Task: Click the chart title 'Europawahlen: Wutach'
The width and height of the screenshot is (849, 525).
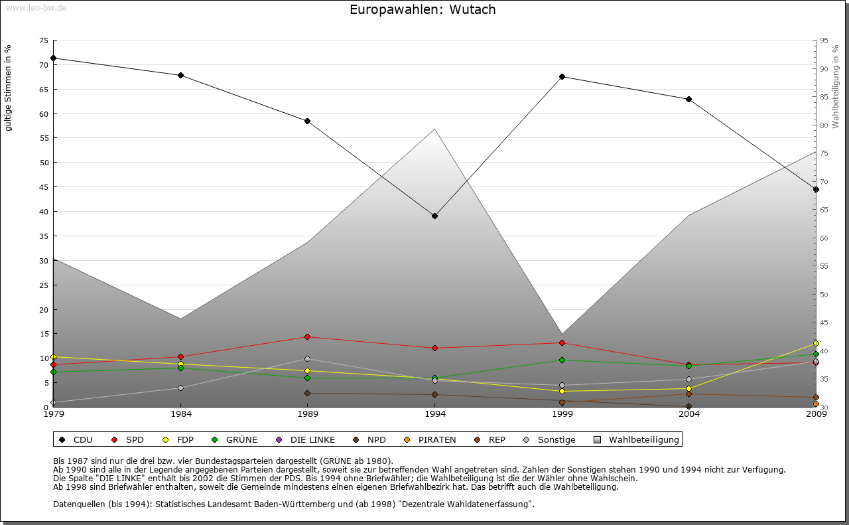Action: point(423,9)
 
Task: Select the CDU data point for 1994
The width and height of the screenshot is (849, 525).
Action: point(434,216)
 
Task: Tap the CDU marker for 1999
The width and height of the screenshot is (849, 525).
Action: point(562,76)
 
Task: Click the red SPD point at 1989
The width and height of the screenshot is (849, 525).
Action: point(307,337)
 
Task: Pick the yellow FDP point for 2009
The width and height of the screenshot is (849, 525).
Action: point(816,343)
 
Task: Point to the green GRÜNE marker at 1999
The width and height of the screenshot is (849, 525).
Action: point(562,360)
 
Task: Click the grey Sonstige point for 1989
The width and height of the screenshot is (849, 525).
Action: point(307,358)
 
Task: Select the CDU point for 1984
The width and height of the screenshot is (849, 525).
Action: point(180,75)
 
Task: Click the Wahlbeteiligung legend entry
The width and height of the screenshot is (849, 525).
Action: point(637,439)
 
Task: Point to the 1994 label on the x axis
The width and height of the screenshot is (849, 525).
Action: point(435,414)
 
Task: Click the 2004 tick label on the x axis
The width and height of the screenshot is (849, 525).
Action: point(689,414)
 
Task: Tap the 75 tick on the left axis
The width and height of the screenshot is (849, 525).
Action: point(43,40)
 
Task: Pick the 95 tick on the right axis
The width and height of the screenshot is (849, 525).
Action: point(824,40)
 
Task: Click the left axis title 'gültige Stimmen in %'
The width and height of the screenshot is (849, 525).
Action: point(9,88)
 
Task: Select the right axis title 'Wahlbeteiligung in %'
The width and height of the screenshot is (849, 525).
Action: point(836,87)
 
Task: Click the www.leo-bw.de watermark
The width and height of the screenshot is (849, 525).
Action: point(35,7)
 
